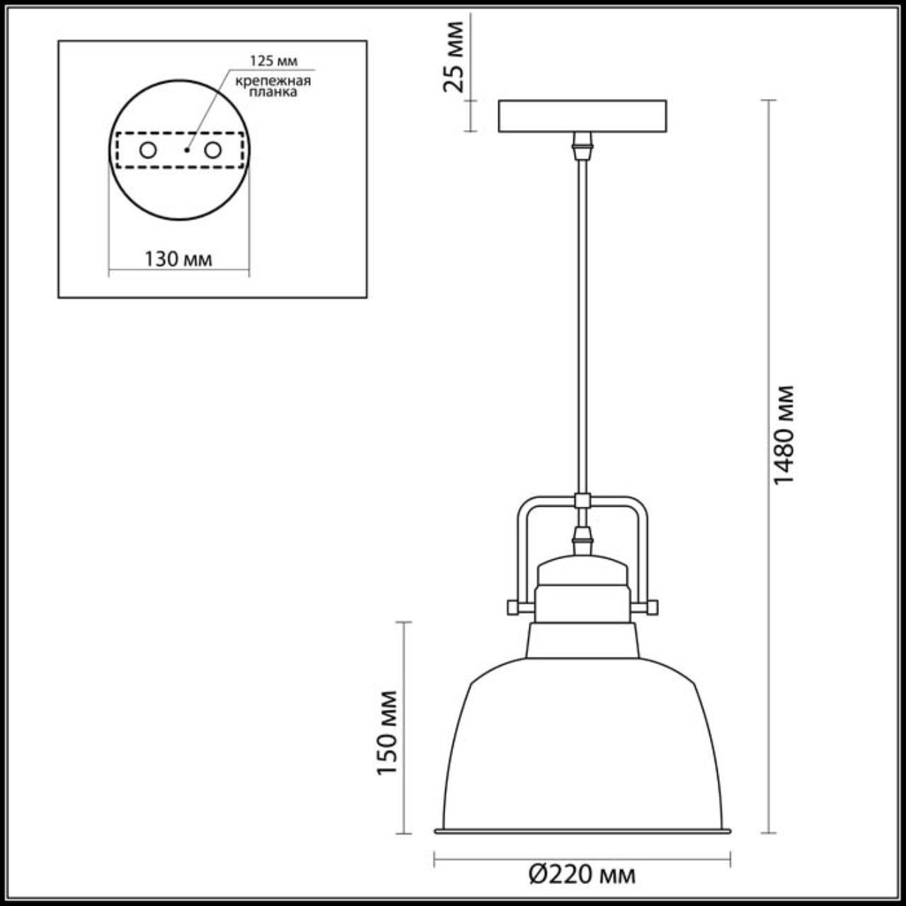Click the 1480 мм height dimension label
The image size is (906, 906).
(x=784, y=435)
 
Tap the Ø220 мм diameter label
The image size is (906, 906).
(x=582, y=876)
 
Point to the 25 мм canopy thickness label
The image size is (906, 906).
(x=453, y=57)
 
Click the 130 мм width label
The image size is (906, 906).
(x=178, y=259)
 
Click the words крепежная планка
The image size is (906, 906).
(x=273, y=86)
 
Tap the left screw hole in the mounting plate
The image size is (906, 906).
(x=148, y=150)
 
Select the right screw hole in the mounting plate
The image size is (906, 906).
(x=212, y=150)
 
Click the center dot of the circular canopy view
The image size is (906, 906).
(x=186, y=150)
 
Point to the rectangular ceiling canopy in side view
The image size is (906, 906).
(x=582, y=116)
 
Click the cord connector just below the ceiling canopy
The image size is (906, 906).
(x=582, y=146)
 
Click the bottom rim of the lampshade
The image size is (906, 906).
(x=582, y=830)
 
